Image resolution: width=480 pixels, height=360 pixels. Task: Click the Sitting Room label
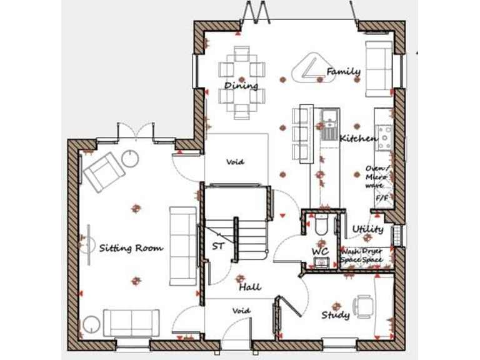coord(131,248)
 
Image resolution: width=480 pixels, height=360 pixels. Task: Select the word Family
coord(343,72)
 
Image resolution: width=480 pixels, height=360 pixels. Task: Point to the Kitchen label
coord(358,137)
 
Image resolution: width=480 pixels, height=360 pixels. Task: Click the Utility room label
coord(367,229)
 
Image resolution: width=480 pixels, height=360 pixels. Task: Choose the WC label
coord(320,251)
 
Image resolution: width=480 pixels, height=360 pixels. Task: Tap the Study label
coord(335,315)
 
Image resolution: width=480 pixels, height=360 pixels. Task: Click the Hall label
coord(249,287)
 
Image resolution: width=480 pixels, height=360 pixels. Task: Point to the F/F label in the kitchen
coord(381,198)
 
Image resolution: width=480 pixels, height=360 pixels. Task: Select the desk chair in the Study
coord(364,306)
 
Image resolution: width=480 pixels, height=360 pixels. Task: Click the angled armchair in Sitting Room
coord(102,171)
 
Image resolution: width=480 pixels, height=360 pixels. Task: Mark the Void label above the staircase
coord(236,162)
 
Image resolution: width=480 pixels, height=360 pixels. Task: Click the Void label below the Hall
coord(241,310)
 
